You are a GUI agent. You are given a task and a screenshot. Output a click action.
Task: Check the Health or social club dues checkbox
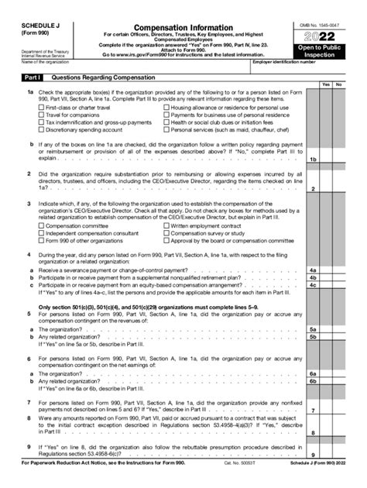tap(167, 122)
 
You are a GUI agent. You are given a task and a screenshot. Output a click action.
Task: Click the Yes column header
tap(327, 84)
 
